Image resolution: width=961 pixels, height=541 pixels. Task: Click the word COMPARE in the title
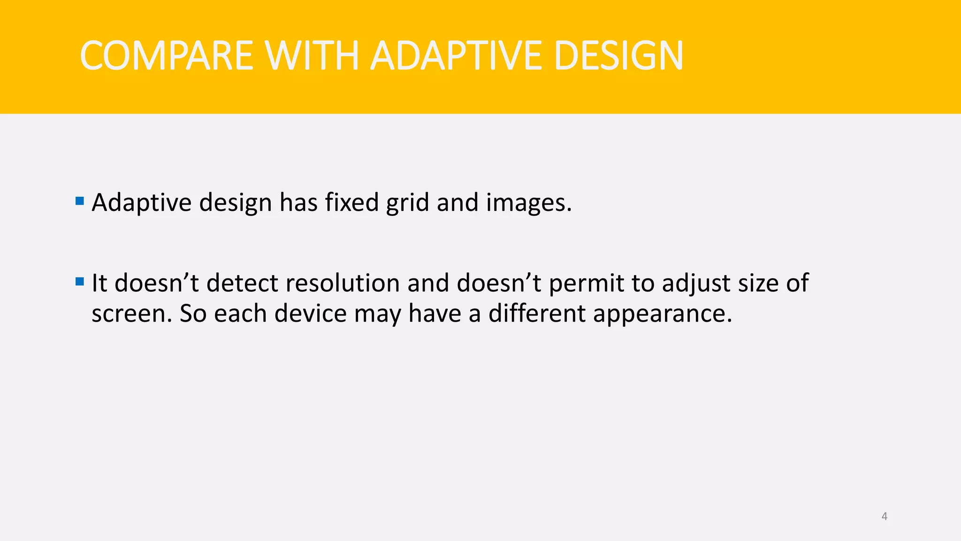click(x=167, y=56)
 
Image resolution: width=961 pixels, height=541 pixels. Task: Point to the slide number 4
click(x=884, y=516)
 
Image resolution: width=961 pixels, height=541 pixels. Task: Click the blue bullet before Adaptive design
click(x=79, y=201)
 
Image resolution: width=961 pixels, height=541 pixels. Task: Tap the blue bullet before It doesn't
click(x=79, y=282)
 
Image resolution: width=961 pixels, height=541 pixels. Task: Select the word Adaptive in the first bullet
click(x=141, y=203)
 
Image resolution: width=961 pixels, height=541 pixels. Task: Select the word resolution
click(x=342, y=283)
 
